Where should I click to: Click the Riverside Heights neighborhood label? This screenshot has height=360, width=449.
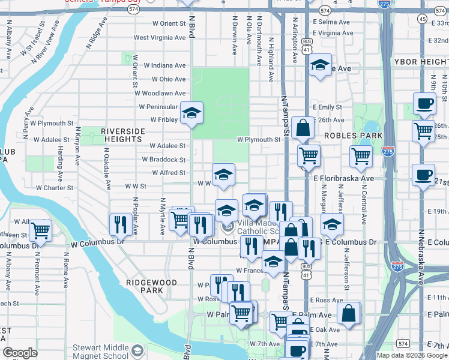click(123, 135)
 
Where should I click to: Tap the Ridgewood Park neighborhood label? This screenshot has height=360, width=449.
click(151, 286)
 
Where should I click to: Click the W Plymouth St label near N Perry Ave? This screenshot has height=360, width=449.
click(51, 123)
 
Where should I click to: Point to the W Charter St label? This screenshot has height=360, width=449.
click(54, 187)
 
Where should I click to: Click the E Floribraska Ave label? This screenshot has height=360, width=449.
click(343, 179)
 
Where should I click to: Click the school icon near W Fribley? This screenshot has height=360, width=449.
click(191, 112)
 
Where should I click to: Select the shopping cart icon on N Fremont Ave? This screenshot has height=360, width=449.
click(40, 229)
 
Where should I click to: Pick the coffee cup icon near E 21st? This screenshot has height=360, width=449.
click(424, 175)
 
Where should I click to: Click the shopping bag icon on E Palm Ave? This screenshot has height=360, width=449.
click(348, 312)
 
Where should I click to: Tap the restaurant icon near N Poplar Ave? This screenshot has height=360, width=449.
click(121, 224)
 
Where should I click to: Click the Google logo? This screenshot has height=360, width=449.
click(20, 353)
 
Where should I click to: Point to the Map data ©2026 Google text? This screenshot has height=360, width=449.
click(412, 355)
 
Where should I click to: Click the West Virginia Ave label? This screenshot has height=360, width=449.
click(159, 37)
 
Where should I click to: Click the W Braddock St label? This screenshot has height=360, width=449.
click(163, 160)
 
